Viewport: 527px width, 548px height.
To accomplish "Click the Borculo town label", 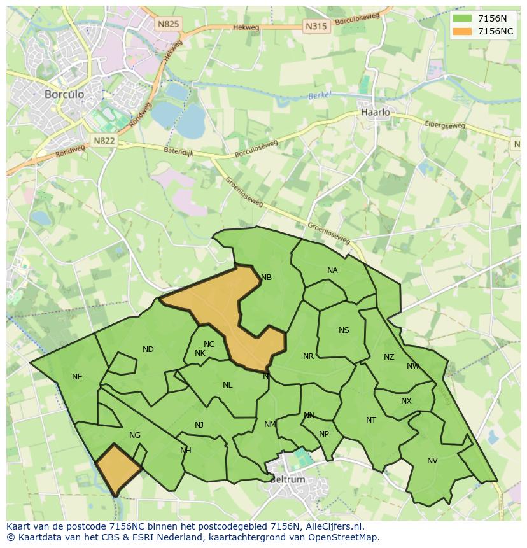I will tap(64, 94).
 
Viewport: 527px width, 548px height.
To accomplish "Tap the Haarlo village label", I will tap(375, 112).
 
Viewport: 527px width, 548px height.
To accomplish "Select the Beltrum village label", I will tap(288, 479).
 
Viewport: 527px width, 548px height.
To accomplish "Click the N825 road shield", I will tap(168, 24).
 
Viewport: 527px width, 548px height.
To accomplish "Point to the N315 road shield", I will tap(316, 26).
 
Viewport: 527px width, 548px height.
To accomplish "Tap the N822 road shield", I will tap(103, 141).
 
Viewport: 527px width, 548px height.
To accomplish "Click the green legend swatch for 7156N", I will tap(462, 18).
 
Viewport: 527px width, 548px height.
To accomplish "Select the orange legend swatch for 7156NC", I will tap(462, 31).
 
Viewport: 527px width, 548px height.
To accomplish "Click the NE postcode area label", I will tap(77, 377).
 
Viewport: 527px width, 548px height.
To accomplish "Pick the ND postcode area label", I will tap(148, 349).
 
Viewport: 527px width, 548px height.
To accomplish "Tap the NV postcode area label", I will tap(432, 461).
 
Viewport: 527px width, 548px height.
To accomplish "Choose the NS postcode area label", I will tap(344, 330).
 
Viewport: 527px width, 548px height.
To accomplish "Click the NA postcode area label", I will tap(332, 270).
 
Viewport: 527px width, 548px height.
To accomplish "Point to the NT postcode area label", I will tap(371, 420).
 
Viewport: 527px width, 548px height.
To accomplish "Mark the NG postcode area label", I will tap(135, 435).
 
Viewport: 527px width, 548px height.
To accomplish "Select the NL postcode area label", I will tap(228, 385).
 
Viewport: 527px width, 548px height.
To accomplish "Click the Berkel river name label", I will tap(320, 96).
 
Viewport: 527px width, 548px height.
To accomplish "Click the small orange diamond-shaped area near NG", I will tap(118, 468).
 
